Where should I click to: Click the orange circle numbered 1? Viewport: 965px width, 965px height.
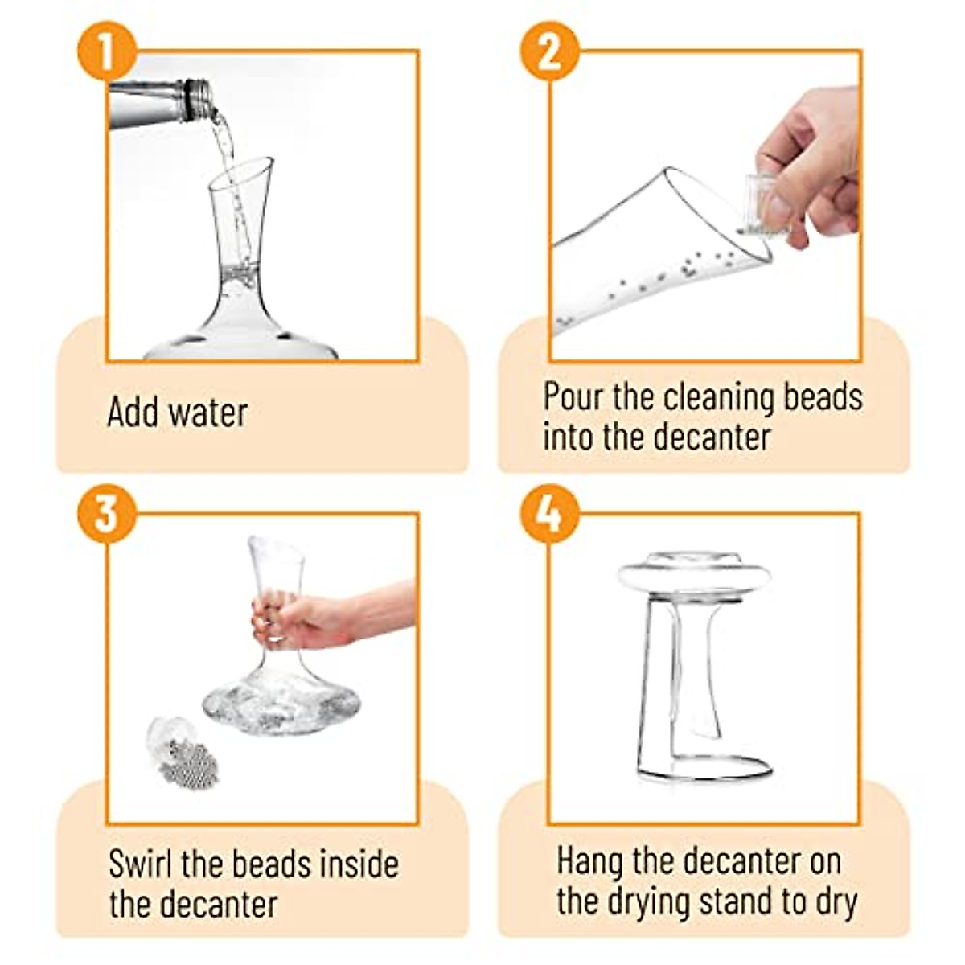coord(107,51)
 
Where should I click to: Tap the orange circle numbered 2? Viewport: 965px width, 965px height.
coord(550,51)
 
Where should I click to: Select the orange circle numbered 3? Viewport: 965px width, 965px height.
coord(107,514)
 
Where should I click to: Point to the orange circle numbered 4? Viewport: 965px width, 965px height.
coord(550,514)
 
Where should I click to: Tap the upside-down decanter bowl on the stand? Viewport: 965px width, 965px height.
coord(693,577)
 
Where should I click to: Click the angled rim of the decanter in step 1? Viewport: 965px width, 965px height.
coord(241,170)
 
